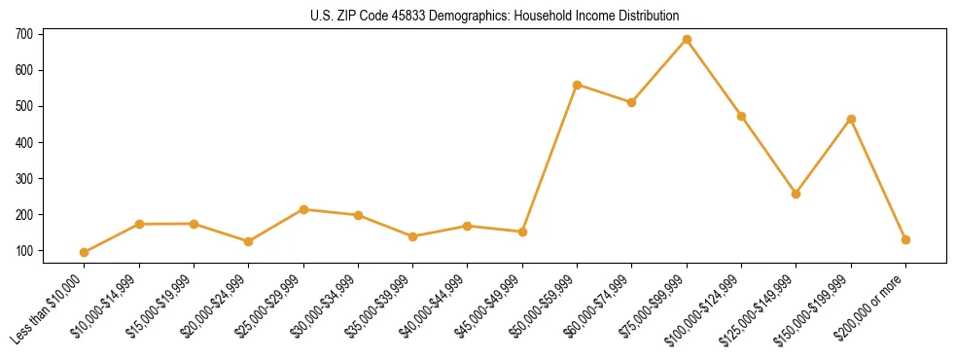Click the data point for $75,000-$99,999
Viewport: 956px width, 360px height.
pyautogui.click(x=687, y=40)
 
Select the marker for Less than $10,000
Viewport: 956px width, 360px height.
pyautogui.click(x=85, y=252)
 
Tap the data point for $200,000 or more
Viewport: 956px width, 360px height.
pyautogui.click(x=905, y=239)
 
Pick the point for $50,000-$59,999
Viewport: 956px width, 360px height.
pyautogui.click(x=578, y=85)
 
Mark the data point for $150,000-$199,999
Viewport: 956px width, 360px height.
pyautogui.click(x=851, y=119)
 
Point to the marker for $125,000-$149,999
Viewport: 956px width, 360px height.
pyautogui.click(x=797, y=194)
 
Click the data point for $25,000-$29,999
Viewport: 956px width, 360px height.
pyautogui.click(x=303, y=209)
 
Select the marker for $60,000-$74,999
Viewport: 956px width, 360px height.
pyautogui.click(x=632, y=102)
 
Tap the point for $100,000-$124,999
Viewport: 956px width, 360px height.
pyautogui.click(x=741, y=116)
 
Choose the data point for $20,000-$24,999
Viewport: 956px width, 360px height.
pyautogui.click(x=249, y=241)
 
